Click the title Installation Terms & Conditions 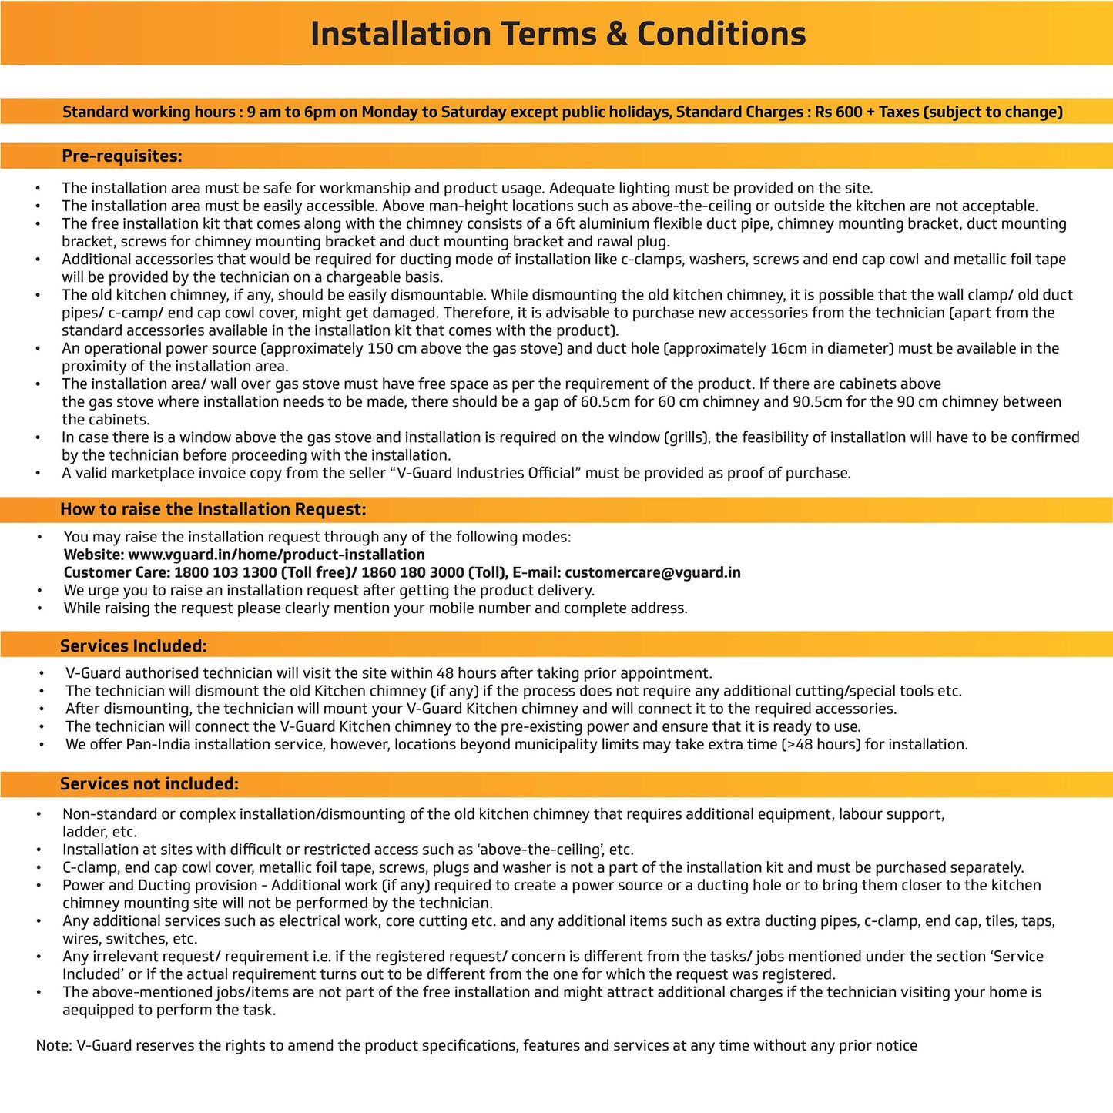click(558, 34)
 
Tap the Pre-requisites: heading click(122, 156)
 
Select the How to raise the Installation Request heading click(213, 509)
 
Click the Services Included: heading click(133, 646)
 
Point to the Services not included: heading click(149, 784)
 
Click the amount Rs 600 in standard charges click(838, 112)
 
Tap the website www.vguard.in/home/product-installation click(277, 555)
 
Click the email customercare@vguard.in click(652, 572)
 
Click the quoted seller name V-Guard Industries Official click(486, 473)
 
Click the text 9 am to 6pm click(291, 112)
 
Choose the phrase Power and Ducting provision click(160, 886)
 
